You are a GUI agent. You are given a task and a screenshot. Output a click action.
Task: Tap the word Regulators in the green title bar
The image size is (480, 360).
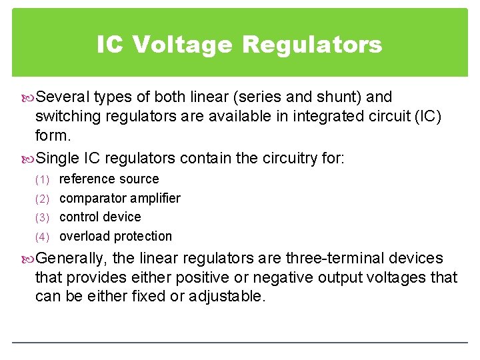[312, 45]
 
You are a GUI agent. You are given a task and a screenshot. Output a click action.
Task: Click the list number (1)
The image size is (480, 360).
[43, 179]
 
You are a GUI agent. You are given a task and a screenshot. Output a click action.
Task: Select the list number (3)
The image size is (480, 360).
[43, 217]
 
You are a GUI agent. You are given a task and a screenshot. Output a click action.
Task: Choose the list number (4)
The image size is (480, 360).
[43, 237]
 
